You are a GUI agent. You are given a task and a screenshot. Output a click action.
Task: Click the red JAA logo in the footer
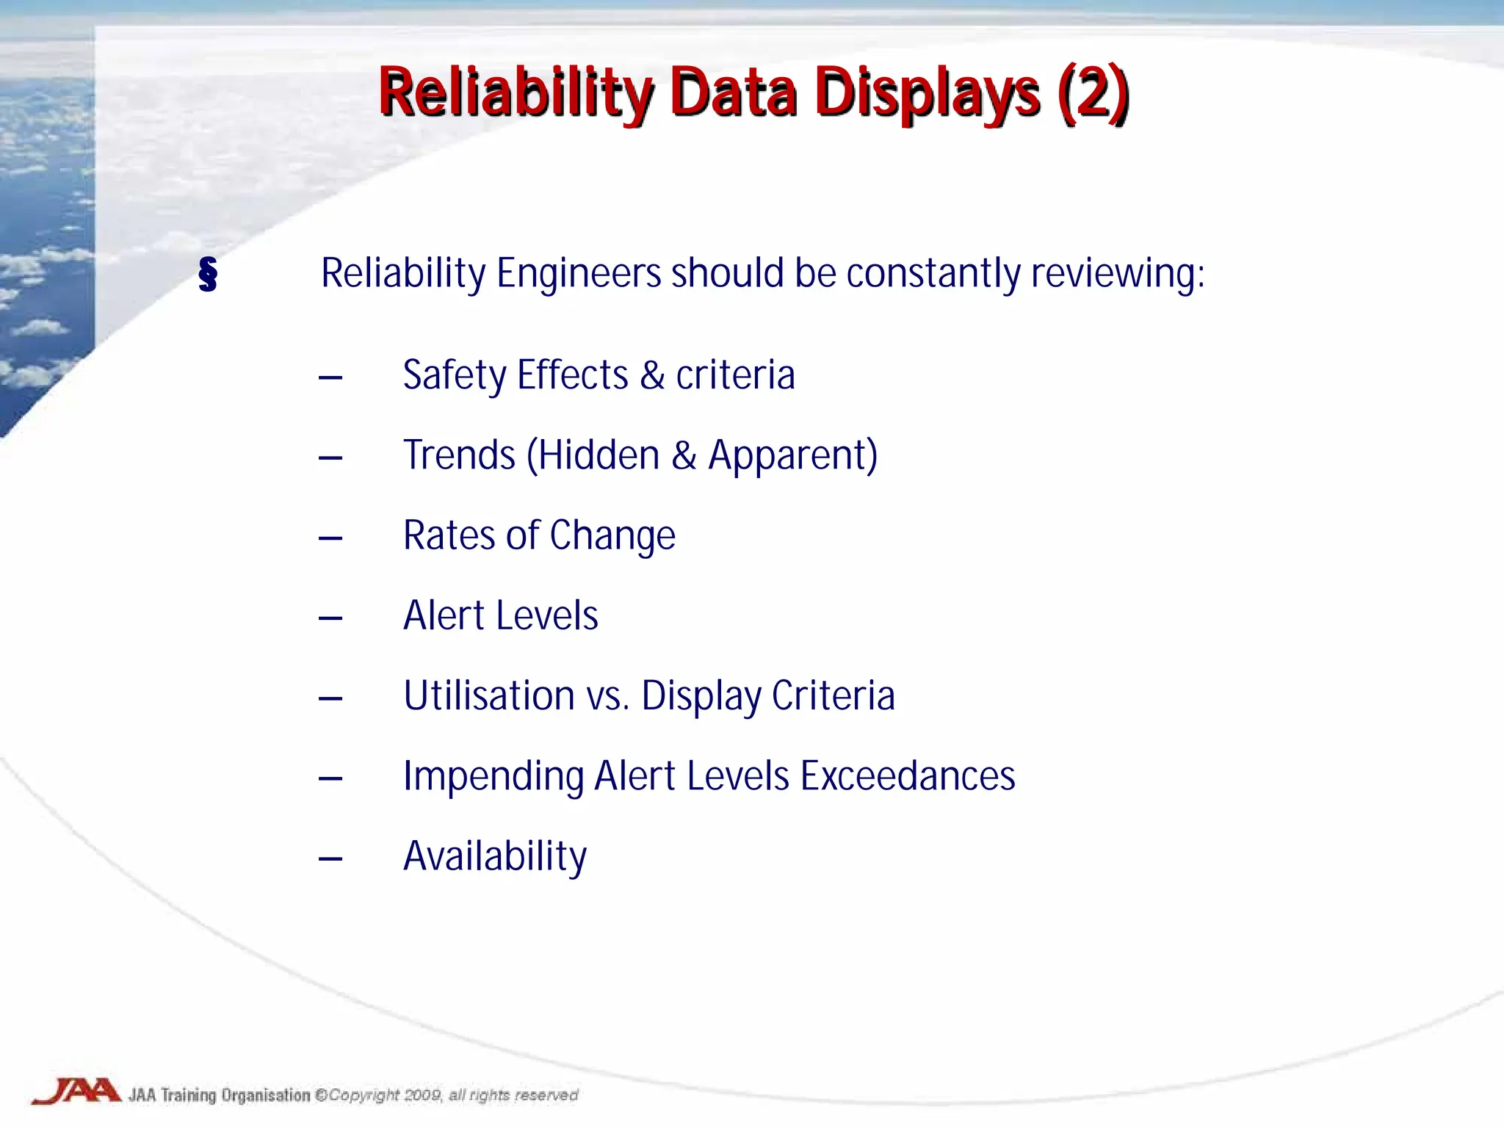(x=76, y=1091)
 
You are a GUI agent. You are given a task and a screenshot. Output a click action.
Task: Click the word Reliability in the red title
(x=514, y=94)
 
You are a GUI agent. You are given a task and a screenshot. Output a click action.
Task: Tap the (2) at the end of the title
(x=1093, y=93)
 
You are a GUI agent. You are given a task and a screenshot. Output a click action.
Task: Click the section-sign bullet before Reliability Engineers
(x=208, y=275)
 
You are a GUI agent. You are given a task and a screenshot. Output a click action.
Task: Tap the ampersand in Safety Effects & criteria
(x=652, y=376)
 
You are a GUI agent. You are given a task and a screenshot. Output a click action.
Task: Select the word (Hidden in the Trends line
(x=593, y=455)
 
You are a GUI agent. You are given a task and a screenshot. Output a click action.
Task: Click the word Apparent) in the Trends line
(x=792, y=456)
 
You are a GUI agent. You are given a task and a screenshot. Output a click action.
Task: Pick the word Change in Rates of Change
(x=612, y=535)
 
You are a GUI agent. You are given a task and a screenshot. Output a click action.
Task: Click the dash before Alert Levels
(x=330, y=618)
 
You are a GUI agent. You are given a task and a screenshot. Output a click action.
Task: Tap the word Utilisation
(x=488, y=695)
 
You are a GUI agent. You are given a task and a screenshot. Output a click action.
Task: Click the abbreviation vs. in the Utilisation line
(x=608, y=697)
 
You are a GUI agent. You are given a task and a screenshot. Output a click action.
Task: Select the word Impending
(x=493, y=777)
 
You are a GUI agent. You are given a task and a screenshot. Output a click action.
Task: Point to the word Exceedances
(x=907, y=776)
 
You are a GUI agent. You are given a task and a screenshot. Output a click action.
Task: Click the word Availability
(x=495, y=857)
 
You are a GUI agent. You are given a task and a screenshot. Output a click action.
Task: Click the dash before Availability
(x=330, y=858)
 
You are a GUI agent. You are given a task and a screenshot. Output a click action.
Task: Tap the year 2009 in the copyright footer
(x=422, y=1095)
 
